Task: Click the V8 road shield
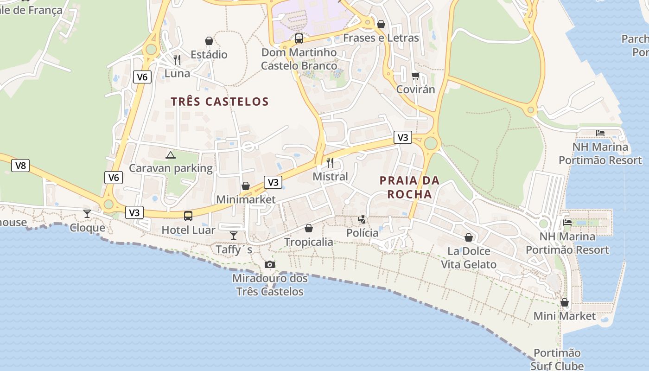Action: click(x=20, y=166)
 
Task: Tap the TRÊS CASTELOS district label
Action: click(x=220, y=102)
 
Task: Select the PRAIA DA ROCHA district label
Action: click(x=409, y=187)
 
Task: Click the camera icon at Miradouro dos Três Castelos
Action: click(x=269, y=264)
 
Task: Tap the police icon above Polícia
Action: click(x=362, y=219)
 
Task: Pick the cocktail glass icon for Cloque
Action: click(x=87, y=213)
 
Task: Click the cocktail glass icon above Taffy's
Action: click(x=234, y=236)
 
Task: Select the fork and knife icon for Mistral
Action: click(x=330, y=163)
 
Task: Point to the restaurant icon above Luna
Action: click(x=177, y=60)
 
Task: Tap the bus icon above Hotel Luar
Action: click(x=188, y=216)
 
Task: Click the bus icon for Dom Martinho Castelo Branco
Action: click(x=299, y=38)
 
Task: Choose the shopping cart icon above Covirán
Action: click(x=415, y=75)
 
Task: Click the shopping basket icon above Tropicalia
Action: click(x=309, y=228)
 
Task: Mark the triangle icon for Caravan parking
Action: click(x=171, y=155)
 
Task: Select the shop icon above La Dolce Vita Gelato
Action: click(x=469, y=237)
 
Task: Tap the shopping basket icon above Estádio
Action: click(x=209, y=41)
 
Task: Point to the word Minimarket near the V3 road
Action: click(x=246, y=200)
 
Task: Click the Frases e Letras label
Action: click(x=381, y=38)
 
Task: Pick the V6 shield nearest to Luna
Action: click(x=142, y=77)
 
